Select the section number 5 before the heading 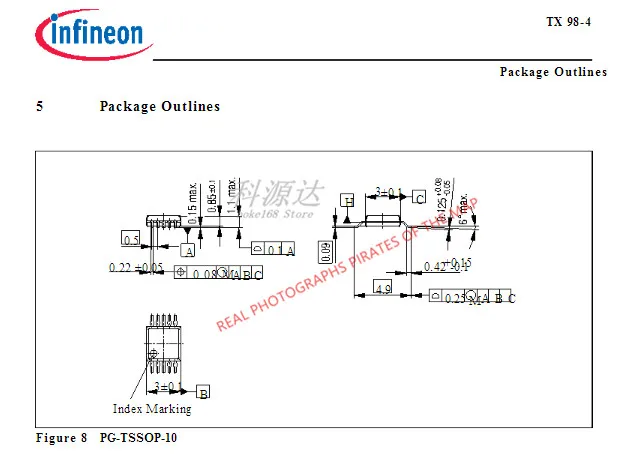tap(40, 107)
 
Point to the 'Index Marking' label tap(152, 409)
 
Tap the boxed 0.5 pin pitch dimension tap(131, 240)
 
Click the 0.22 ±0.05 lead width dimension tap(136, 268)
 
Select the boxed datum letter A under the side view tap(187, 251)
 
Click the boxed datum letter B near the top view tap(203, 392)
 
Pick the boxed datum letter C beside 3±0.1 tap(420, 198)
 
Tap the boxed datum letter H tap(349, 200)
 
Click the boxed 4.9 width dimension tap(382, 288)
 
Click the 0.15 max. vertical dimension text tap(191, 203)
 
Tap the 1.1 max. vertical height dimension tap(231, 197)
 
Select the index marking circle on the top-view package tap(153, 355)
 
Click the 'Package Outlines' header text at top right tap(553, 72)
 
